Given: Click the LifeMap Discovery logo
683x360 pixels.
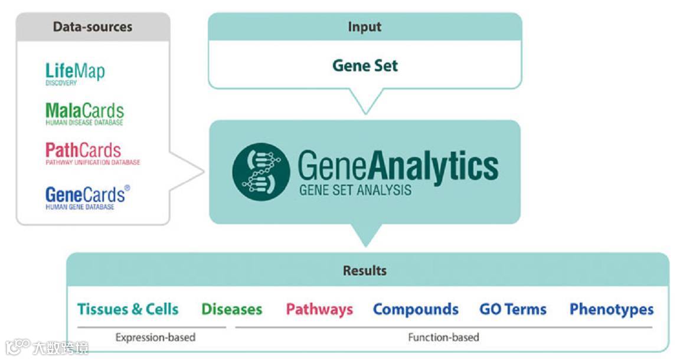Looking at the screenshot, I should (x=75, y=74).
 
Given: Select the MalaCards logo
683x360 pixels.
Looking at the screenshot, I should (x=84, y=113).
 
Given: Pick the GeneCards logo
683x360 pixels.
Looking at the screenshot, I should (x=86, y=197).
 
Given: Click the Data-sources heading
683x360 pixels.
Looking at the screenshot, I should (x=93, y=27).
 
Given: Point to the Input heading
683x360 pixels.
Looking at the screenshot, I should (x=364, y=27).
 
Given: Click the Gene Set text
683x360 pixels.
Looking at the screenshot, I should (x=365, y=65).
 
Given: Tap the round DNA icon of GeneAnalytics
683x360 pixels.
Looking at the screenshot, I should (x=261, y=172).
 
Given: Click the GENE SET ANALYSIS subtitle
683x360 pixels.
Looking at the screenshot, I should (x=355, y=191).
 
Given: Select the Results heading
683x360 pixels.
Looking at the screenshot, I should (x=365, y=271).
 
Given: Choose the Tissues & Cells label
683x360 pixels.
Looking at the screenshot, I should (x=128, y=309).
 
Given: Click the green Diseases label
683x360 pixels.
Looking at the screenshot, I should (x=231, y=309).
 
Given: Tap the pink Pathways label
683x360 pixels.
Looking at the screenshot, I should (x=319, y=309).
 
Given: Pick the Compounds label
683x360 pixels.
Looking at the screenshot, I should (x=416, y=309).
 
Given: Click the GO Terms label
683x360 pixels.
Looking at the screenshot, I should (x=513, y=309).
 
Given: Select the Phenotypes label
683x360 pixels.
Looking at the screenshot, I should (x=612, y=309).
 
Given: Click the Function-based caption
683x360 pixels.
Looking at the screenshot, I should (x=443, y=338).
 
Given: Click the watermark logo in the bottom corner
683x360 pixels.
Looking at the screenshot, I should (x=47, y=346).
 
